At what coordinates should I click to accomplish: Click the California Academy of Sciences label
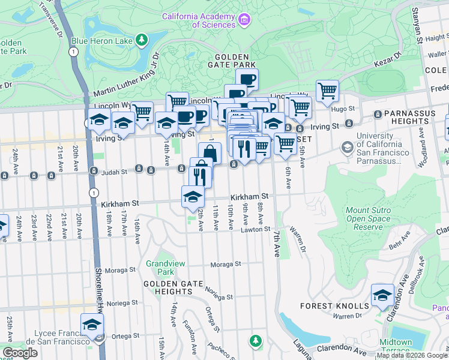[x=198, y=20]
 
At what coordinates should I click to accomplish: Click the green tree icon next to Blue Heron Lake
[x=141, y=40]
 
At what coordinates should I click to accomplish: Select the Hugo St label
[x=343, y=109]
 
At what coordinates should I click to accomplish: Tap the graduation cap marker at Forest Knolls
[x=382, y=295]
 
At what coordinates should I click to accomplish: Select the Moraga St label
[x=225, y=264]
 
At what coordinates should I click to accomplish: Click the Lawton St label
[x=256, y=230]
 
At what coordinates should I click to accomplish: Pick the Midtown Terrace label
[x=396, y=346]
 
